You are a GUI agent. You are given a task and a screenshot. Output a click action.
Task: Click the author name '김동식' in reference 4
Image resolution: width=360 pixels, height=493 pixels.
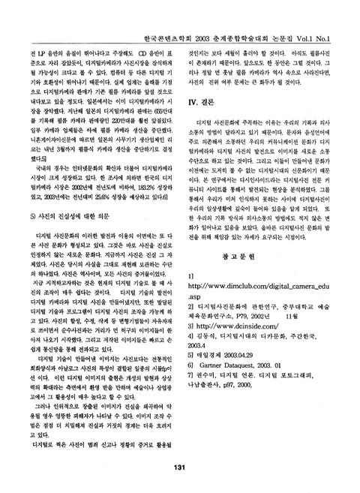point(211,361)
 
